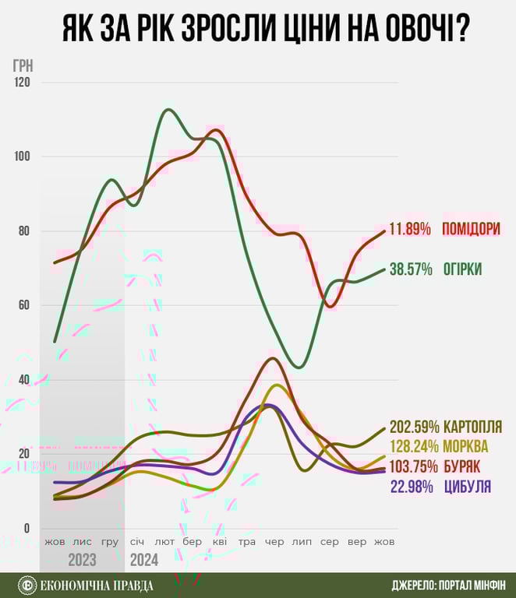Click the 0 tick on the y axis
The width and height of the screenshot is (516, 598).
pyautogui.click(x=26, y=529)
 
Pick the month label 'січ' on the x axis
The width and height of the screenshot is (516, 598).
pyautogui.click(x=137, y=542)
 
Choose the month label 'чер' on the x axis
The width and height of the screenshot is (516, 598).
pyautogui.click(x=274, y=542)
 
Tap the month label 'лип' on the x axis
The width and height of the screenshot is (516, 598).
pyautogui.click(x=301, y=542)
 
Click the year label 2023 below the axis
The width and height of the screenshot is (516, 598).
pyautogui.click(x=83, y=560)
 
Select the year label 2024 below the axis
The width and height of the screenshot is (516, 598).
pyautogui.click(x=143, y=560)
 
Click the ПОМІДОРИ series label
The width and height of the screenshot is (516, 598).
pyautogui.click(x=471, y=230)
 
